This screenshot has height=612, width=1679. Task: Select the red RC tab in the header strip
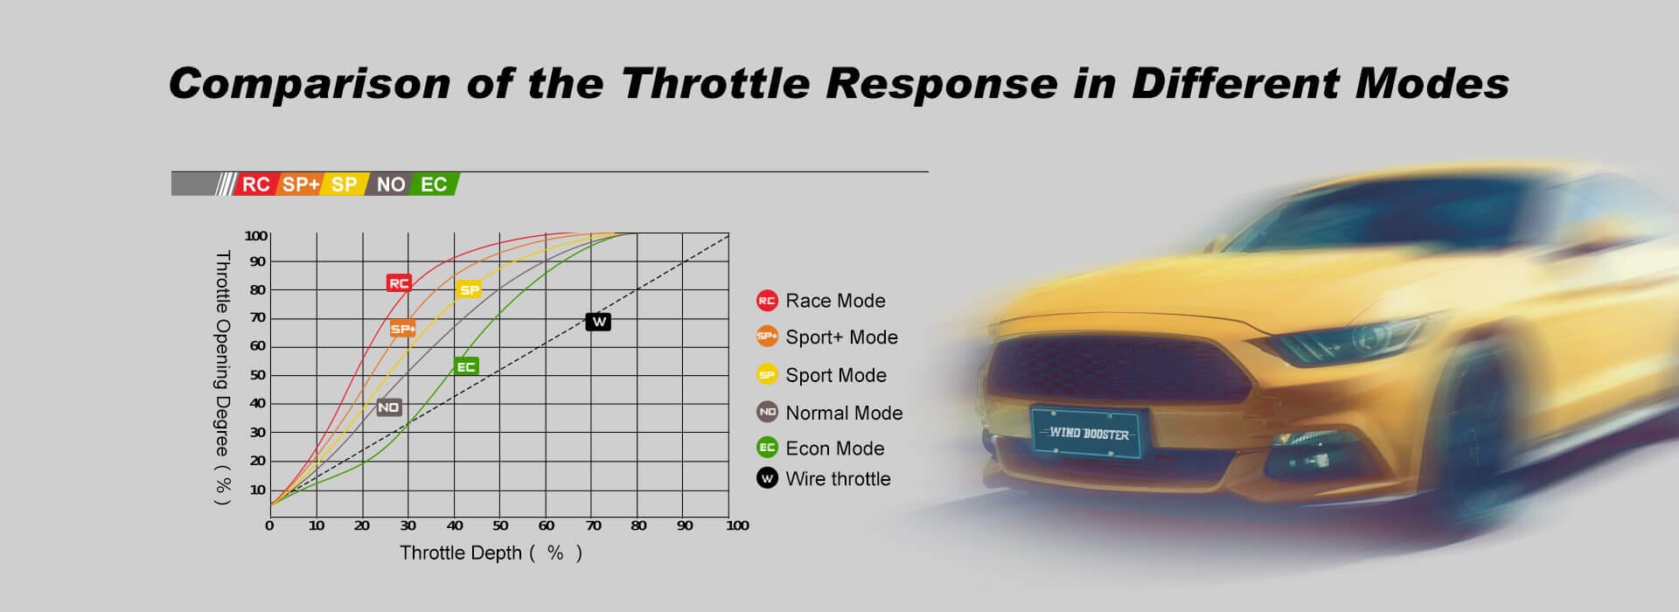254,184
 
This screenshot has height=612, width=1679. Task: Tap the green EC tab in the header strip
434,184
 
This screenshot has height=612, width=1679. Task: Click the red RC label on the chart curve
399,283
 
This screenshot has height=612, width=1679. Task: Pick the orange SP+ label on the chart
402,329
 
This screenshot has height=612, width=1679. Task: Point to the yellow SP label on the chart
470,289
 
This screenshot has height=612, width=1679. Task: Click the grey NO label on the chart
388,407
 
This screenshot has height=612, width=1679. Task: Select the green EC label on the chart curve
466,366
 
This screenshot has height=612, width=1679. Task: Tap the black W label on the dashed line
599,322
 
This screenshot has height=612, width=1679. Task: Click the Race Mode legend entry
821,301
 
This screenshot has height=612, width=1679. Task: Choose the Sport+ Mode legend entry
827,337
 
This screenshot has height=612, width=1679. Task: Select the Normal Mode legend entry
829,413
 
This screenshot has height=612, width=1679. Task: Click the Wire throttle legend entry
824,478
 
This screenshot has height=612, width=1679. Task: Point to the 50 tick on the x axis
500,525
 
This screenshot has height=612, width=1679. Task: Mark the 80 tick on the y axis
257,289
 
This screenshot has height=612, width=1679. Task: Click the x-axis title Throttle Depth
461,553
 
